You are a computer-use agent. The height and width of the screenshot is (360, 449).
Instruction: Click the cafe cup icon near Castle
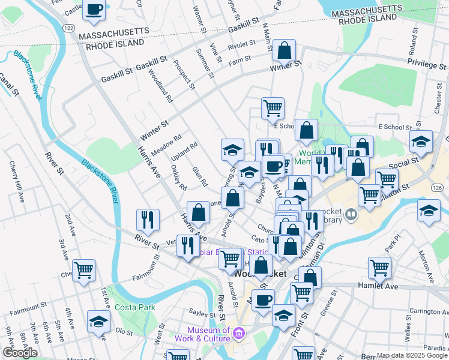point(94,10)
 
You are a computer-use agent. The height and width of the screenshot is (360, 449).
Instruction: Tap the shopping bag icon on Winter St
point(285,51)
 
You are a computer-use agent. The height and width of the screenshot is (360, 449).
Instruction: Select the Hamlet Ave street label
point(378,287)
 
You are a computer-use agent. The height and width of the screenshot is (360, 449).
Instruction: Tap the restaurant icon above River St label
point(147,220)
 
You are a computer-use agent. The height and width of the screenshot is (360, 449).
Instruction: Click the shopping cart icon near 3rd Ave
point(83,270)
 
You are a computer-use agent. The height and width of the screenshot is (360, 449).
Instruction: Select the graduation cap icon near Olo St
point(98,321)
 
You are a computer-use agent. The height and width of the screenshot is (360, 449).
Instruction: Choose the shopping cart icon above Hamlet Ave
point(379,268)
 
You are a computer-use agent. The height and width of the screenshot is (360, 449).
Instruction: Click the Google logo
point(20,353)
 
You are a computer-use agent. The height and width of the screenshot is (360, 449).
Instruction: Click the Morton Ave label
point(430,247)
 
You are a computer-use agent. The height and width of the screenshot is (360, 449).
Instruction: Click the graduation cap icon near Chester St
point(421,142)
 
